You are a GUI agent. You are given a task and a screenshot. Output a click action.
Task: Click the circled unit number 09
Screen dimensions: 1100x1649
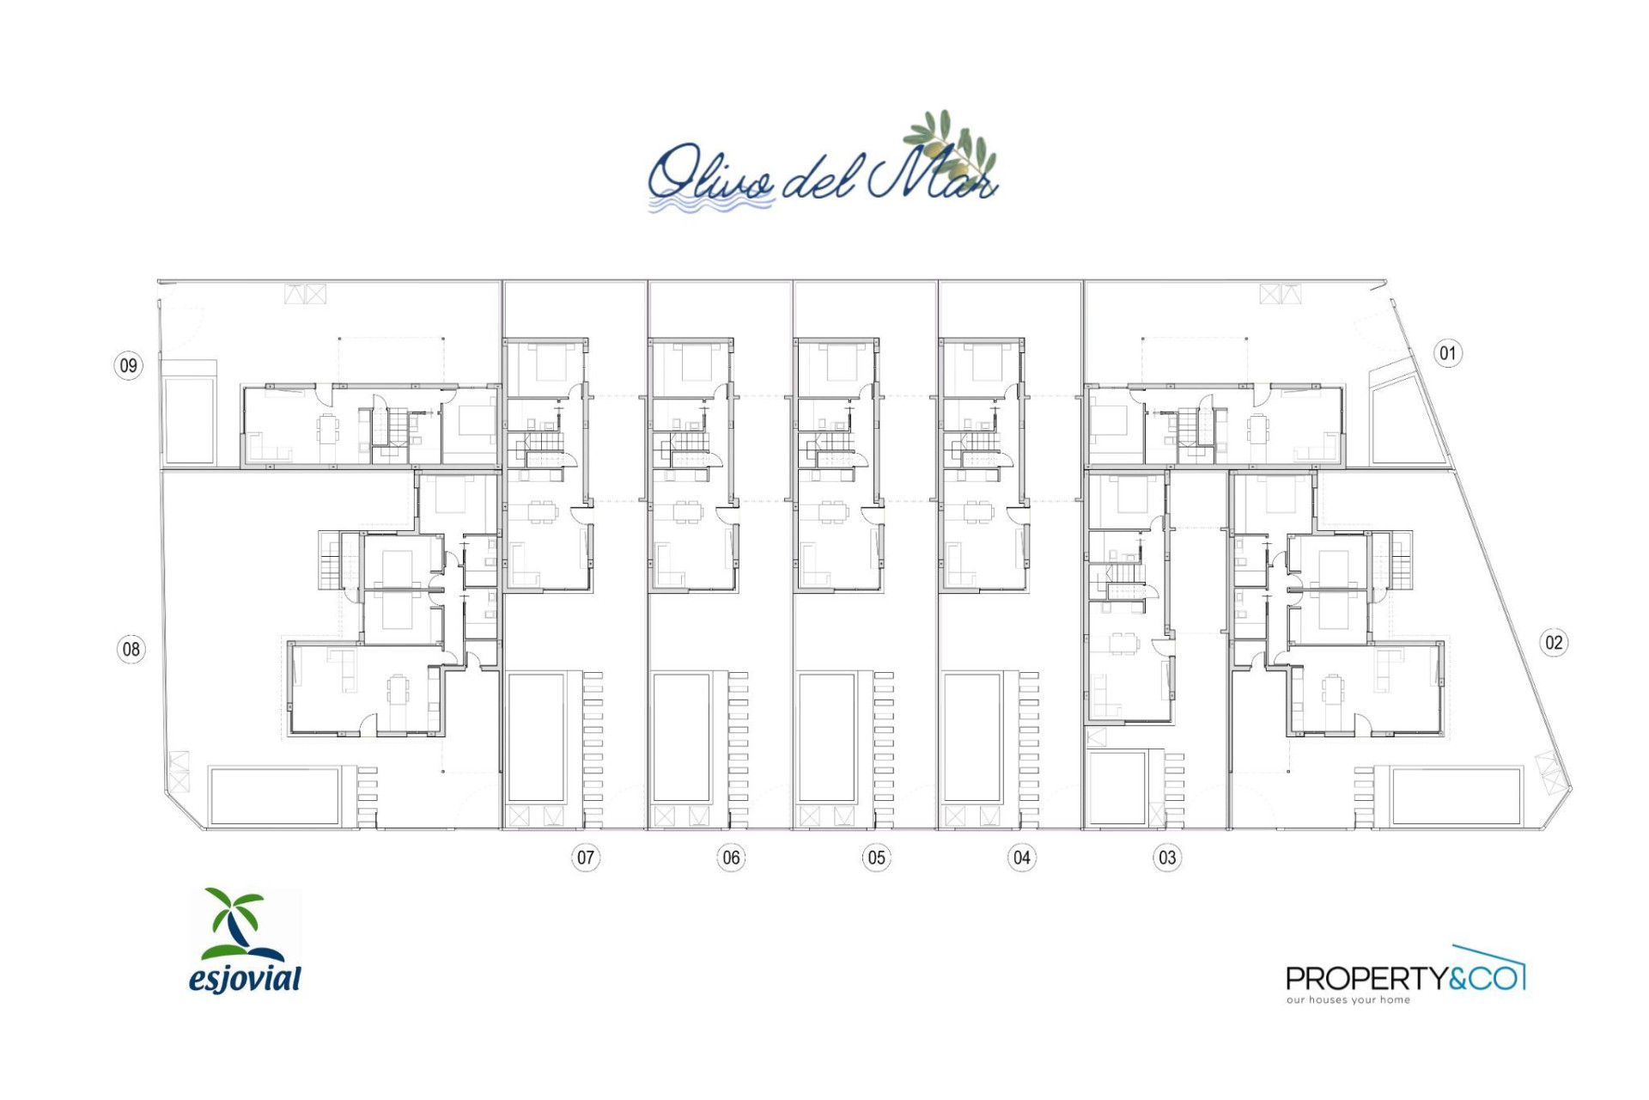point(128,365)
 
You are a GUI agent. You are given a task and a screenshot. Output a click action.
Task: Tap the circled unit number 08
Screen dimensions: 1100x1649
point(131,649)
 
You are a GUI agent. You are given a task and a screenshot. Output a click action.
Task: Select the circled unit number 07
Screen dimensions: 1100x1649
point(586,857)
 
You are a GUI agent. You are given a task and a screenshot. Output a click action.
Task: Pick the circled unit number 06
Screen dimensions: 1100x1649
point(731,857)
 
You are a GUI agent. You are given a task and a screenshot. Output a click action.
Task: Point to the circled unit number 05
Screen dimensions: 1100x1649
point(876,857)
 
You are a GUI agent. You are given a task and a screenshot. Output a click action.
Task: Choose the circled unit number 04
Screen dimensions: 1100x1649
point(1021,857)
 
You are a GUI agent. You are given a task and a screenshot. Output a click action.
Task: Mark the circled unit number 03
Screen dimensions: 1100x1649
point(1167,857)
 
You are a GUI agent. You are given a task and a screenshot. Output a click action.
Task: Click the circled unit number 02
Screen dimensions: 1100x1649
point(1554,642)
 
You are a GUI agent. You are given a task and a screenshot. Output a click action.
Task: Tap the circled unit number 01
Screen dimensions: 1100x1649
point(1448,353)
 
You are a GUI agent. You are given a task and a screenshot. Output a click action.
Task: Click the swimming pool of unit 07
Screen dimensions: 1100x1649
point(537,737)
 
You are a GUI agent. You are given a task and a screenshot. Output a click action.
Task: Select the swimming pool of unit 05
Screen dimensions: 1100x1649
point(827,737)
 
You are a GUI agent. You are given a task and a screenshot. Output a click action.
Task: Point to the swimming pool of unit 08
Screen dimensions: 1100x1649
point(274,796)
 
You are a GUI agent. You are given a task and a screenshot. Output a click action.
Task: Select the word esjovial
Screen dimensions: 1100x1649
point(245,979)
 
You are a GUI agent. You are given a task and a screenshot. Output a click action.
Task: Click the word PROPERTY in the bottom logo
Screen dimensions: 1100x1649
point(1366,978)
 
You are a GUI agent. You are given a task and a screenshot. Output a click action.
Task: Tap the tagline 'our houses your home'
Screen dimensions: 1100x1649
point(1348,999)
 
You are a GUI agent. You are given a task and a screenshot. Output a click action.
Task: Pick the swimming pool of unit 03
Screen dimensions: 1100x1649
point(1117,788)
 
